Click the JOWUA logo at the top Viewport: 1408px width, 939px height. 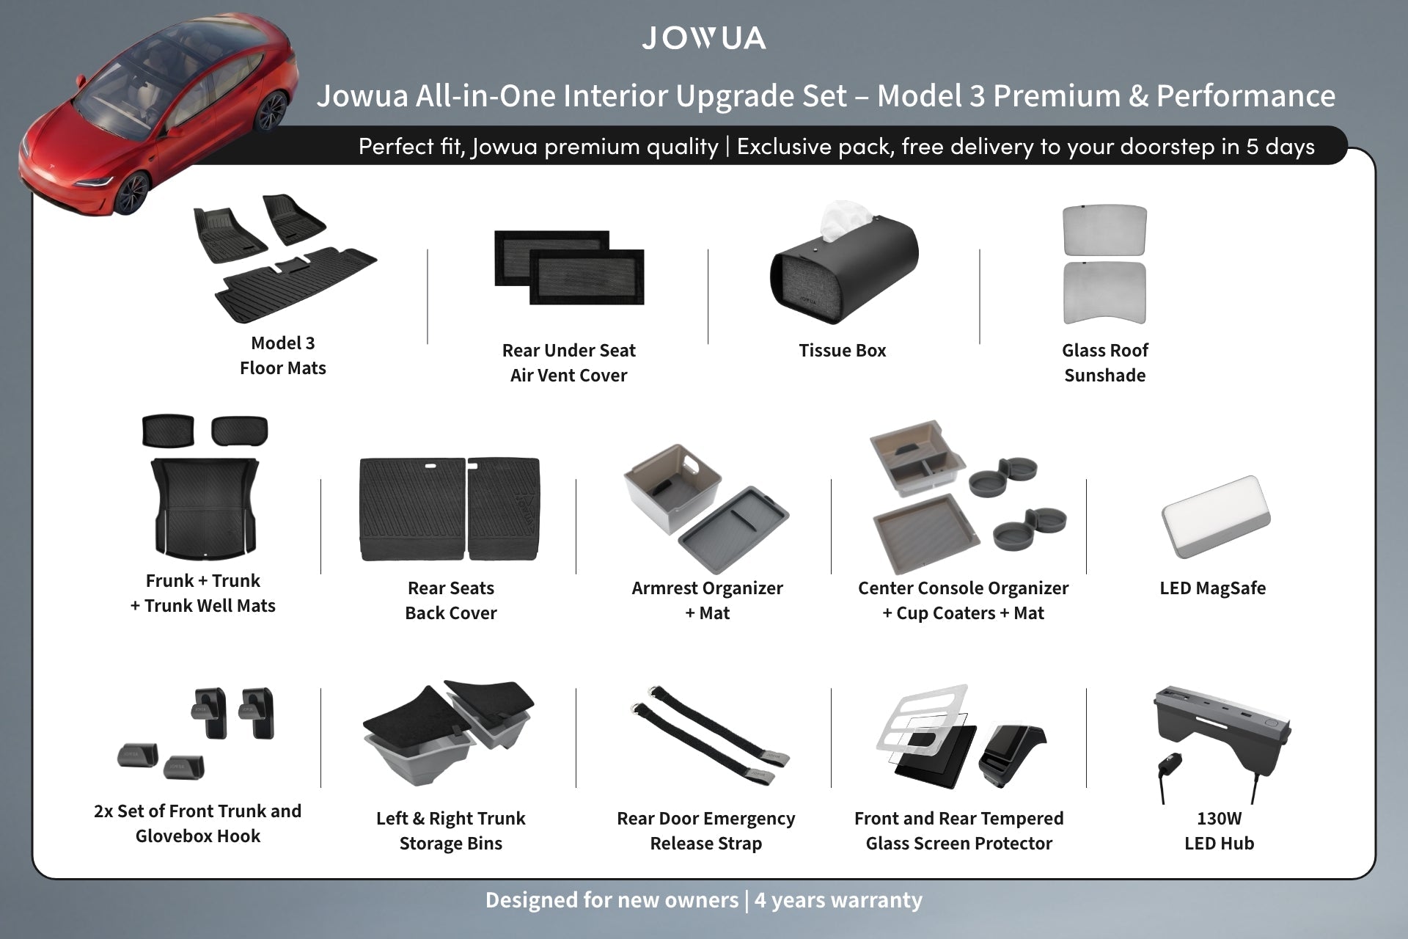click(704, 38)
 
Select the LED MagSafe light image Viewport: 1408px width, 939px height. click(1216, 518)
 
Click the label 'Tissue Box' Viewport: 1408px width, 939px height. click(843, 351)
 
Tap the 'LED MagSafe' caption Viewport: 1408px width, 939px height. click(1213, 588)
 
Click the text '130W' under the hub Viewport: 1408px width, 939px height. click(1220, 819)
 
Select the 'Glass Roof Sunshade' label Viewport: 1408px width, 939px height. click(1105, 363)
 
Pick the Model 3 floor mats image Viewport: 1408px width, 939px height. click(285, 257)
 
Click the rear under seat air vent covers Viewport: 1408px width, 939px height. click(569, 268)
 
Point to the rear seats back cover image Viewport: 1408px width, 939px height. click(450, 509)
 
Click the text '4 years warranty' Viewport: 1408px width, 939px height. click(838, 900)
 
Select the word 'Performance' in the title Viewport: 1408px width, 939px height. click(1246, 96)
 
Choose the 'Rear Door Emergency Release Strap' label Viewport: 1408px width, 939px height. click(706, 831)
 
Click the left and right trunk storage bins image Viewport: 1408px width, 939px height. click(448, 734)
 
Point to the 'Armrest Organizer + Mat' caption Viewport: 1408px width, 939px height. click(708, 601)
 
